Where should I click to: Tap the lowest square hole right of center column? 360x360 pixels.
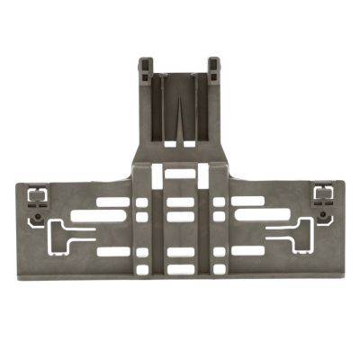220,266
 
